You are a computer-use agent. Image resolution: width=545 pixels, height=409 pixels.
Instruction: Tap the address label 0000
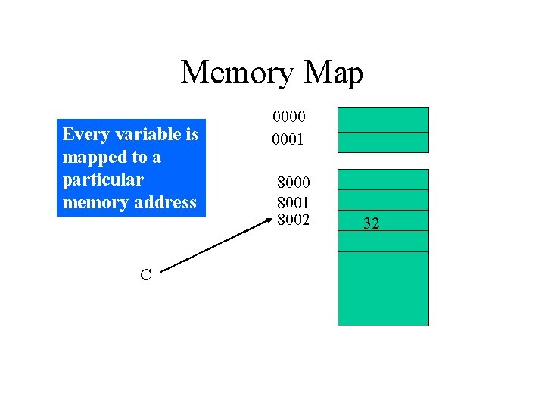pos(289,117)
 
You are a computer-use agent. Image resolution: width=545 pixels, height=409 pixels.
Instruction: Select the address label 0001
pos(289,139)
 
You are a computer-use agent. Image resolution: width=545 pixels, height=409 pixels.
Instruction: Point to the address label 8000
pos(293,183)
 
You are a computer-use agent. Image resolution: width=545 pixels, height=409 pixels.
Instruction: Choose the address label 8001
pos(293,202)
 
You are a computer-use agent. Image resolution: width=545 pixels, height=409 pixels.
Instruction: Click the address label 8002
pos(293,220)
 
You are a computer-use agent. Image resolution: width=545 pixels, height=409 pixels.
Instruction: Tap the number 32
pos(371,223)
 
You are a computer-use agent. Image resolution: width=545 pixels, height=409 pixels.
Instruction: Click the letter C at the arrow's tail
pos(145,275)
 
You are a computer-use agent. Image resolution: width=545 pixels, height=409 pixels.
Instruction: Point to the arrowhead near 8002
pos(268,221)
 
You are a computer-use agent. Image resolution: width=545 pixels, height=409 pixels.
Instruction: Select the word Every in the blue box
pos(84,135)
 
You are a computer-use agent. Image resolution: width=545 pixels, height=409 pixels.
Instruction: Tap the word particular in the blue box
pos(102,180)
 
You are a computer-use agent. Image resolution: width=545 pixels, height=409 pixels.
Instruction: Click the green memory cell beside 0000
pos(382,120)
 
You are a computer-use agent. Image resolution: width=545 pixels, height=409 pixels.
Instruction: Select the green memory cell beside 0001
pos(382,142)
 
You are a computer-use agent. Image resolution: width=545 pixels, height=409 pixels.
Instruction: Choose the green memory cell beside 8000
pos(382,180)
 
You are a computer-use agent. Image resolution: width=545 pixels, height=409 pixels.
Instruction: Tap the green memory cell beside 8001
pos(382,200)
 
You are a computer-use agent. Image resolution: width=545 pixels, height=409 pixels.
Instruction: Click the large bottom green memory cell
pos(382,289)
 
